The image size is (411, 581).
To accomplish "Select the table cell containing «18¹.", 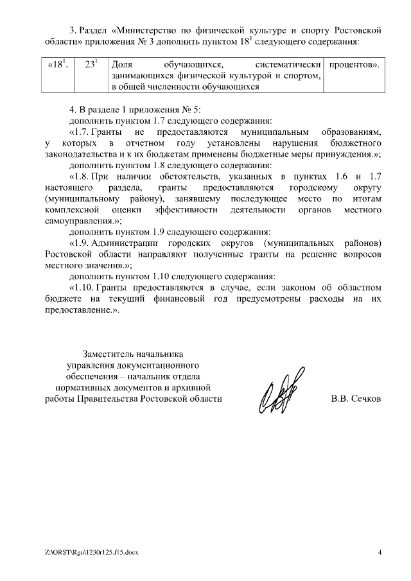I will [58, 65].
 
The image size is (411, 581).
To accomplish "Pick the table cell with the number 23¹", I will [91, 65].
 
